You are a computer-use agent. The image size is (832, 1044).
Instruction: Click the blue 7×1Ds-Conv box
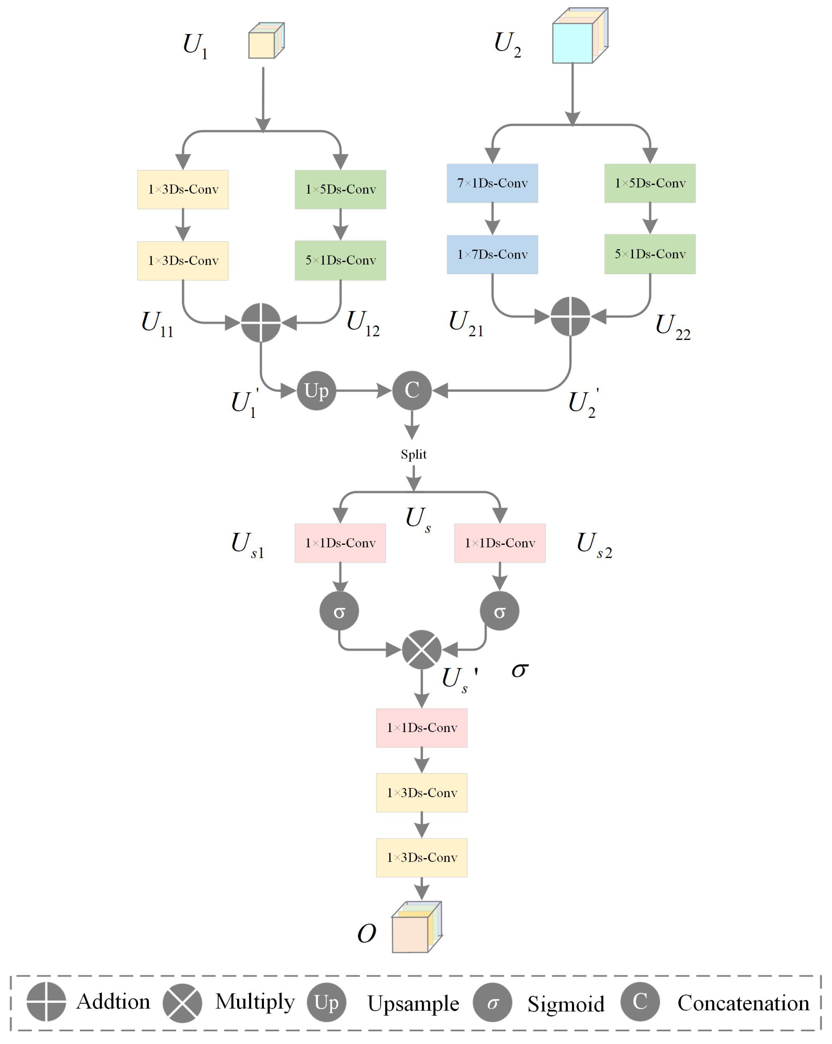pos(492,183)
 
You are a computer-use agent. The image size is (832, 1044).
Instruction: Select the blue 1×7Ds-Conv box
pos(492,254)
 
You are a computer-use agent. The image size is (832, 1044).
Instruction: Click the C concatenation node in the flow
pos(412,390)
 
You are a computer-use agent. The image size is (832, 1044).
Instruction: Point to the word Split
pos(413,454)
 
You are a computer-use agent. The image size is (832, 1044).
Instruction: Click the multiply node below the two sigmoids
pos(421,649)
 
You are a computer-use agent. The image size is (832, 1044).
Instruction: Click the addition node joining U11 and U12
pos(260,323)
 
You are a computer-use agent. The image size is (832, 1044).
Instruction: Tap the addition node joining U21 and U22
pos(570,316)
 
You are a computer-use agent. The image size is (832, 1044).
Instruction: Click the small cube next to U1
pos(265,41)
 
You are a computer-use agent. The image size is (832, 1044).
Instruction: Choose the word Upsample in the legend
pos(413,1003)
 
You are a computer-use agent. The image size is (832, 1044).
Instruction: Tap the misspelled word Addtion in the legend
pos(113,1001)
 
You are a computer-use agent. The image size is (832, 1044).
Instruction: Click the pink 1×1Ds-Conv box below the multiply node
pos(421,728)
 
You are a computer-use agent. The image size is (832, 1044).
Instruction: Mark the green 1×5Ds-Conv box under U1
pos(340,189)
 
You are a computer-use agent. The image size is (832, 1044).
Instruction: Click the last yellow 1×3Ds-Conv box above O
pos(421,857)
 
